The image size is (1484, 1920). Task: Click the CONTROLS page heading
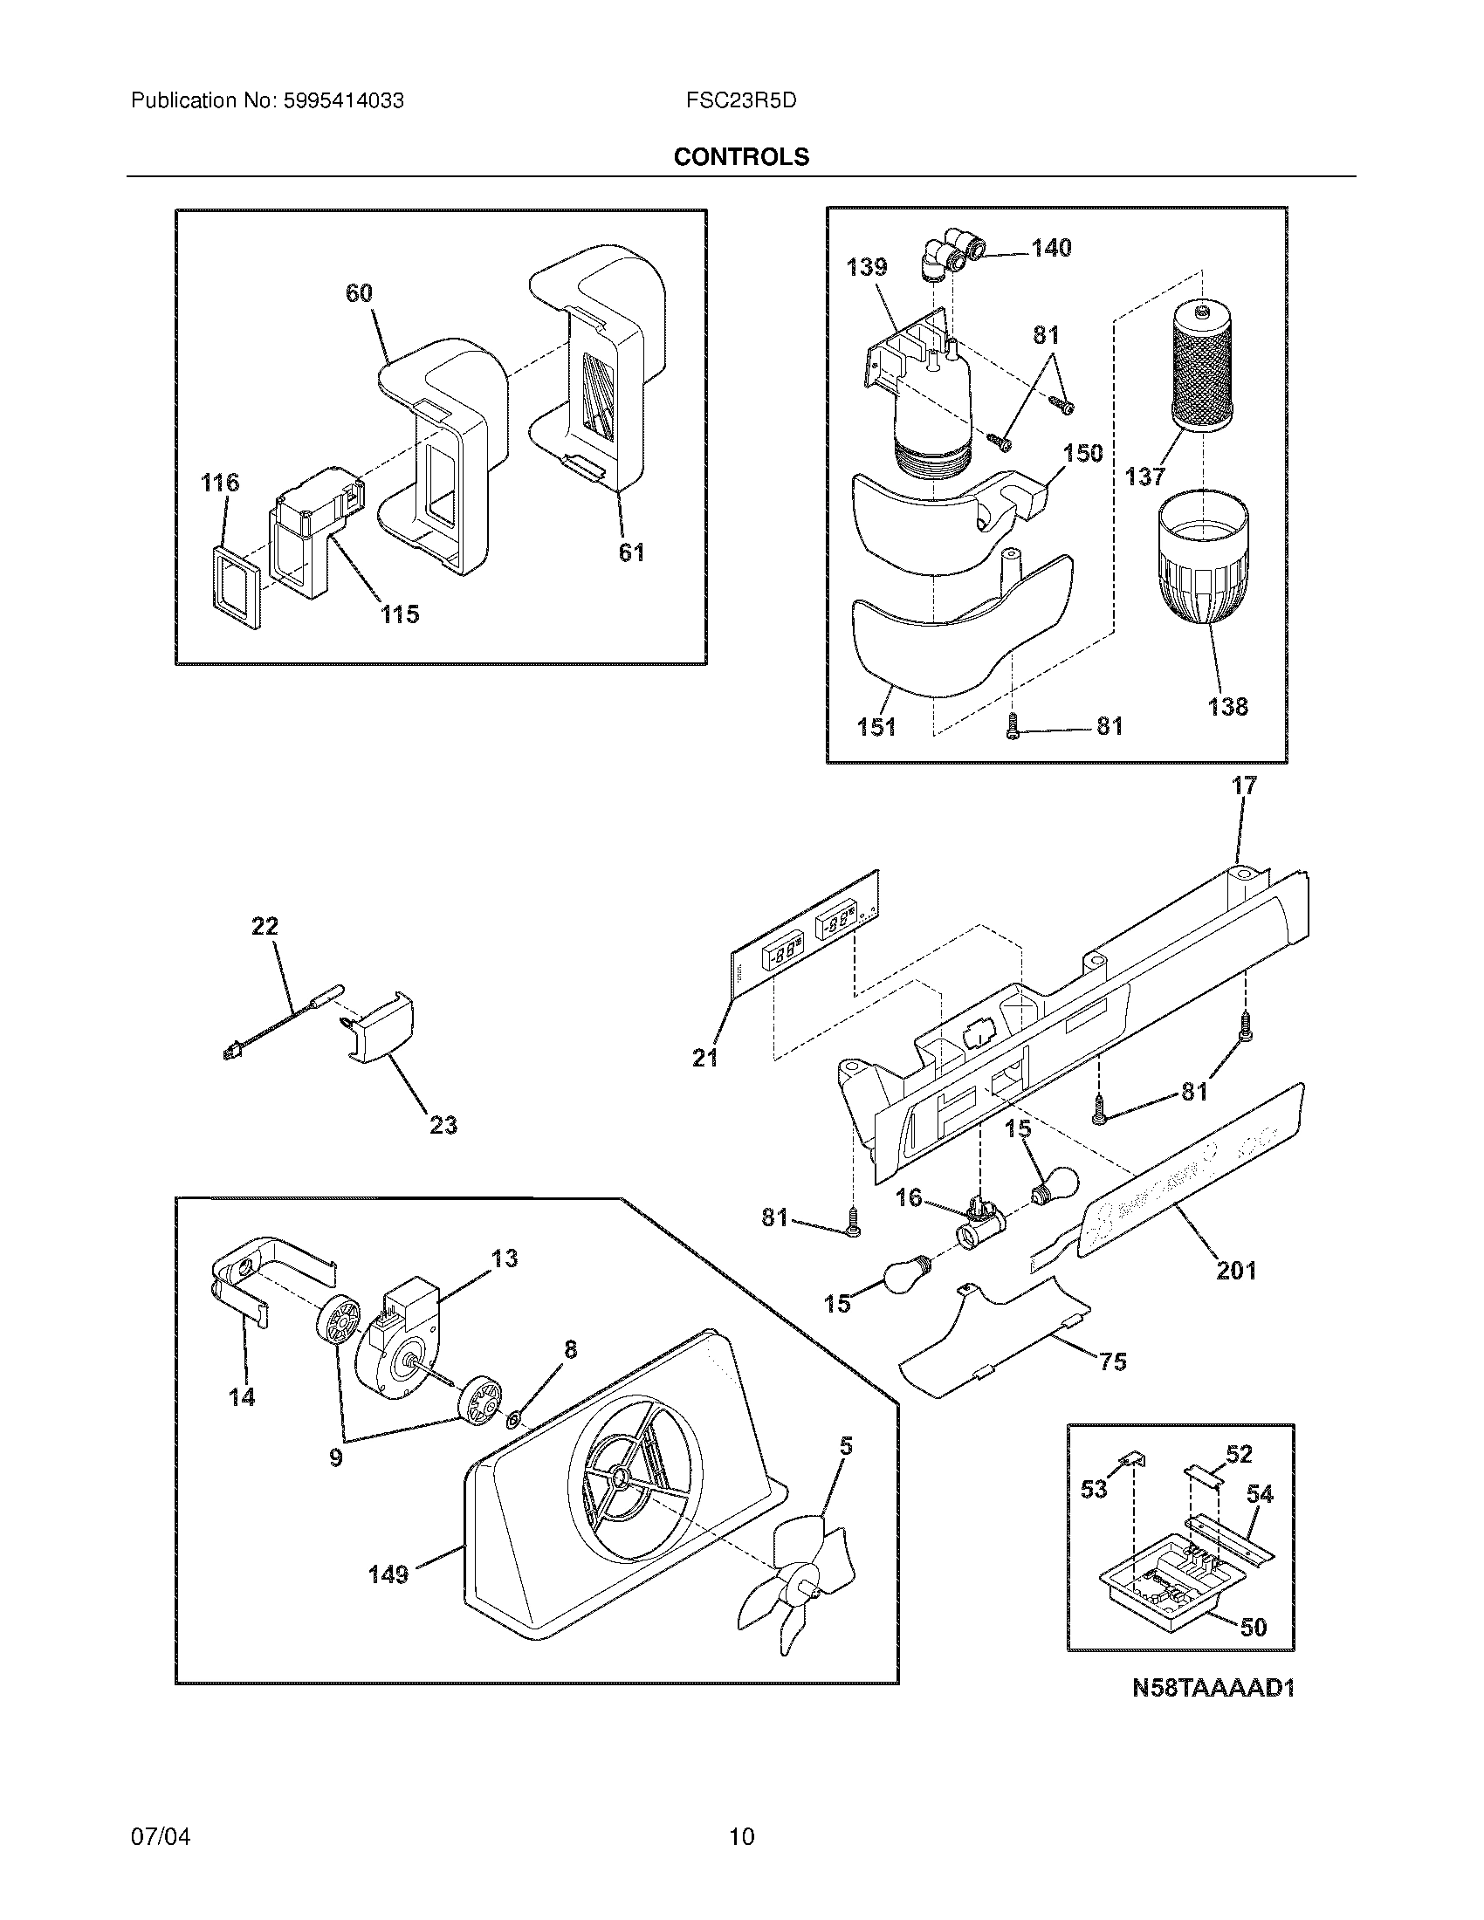pos(741,156)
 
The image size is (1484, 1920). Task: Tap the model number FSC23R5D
pos(741,101)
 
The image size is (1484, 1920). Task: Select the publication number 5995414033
pos(343,101)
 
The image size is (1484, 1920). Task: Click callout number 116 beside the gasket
pos(219,482)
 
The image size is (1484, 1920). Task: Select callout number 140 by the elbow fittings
pos(1052,248)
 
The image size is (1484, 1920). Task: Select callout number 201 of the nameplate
pos(1235,1270)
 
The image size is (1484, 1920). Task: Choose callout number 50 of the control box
pos(1254,1628)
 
